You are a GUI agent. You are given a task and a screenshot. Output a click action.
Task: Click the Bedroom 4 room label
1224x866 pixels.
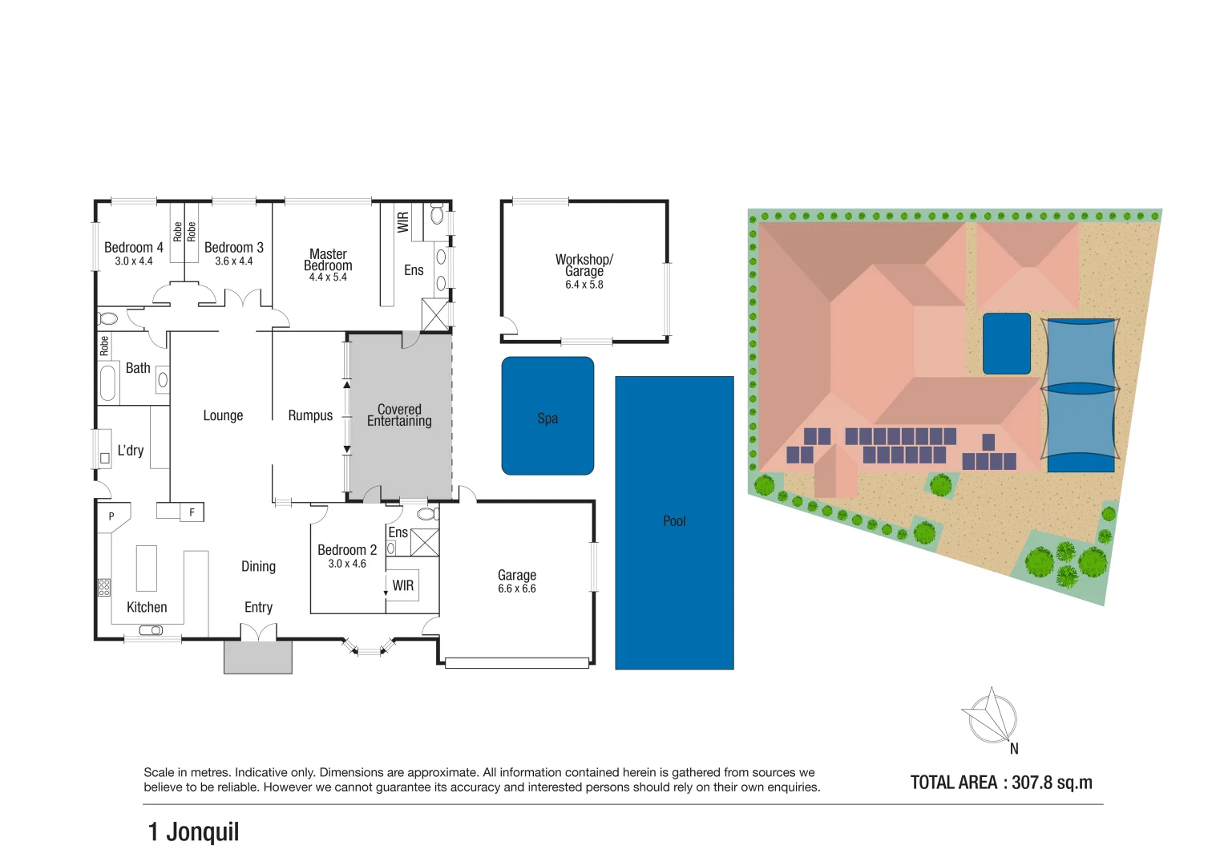click(x=133, y=248)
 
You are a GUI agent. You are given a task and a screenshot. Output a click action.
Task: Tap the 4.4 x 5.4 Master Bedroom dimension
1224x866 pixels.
click(x=328, y=277)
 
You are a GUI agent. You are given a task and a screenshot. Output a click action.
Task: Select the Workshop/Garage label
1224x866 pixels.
click(x=584, y=265)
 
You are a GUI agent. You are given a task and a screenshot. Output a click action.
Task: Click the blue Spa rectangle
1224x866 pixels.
click(x=547, y=416)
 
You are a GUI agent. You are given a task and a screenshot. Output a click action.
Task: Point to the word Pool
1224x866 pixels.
click(x=674, y=521)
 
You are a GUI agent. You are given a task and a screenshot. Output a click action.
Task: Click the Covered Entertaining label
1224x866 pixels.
click(x=399, y=415)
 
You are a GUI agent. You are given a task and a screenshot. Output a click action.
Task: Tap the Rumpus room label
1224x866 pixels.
click(x=310, y=415)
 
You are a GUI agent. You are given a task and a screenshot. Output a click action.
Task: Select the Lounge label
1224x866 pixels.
click(x=223, y=415)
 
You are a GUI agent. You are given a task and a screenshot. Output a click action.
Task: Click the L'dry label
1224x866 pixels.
click(x=131, y=451)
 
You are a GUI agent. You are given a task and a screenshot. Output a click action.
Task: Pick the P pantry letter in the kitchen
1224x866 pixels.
click(x=111, y=516)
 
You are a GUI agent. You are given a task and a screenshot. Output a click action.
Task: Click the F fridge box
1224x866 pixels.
click(x=192, y=512)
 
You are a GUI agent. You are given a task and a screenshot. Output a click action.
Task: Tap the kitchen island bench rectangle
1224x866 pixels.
click(x=147, y=568)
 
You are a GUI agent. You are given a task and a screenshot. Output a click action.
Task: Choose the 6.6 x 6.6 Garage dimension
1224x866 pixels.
click(x=517, y=589)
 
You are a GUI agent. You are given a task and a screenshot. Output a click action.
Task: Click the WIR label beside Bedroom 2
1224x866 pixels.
click(x=403, y=585)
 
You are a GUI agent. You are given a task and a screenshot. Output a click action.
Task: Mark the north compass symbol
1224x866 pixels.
click(x=992, y=718)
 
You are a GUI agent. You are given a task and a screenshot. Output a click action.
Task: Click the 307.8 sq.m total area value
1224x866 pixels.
click(x=1052, y=783)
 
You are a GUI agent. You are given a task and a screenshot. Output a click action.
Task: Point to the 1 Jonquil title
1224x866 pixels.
click(x=193, y=832)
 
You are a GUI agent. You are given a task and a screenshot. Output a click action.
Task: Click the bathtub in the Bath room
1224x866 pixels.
click(x=107, y=382)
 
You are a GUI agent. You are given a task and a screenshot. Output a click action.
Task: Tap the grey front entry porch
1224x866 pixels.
click(x=258, y=658)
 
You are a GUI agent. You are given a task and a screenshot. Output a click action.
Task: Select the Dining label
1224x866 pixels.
click(x=258, y=567)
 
